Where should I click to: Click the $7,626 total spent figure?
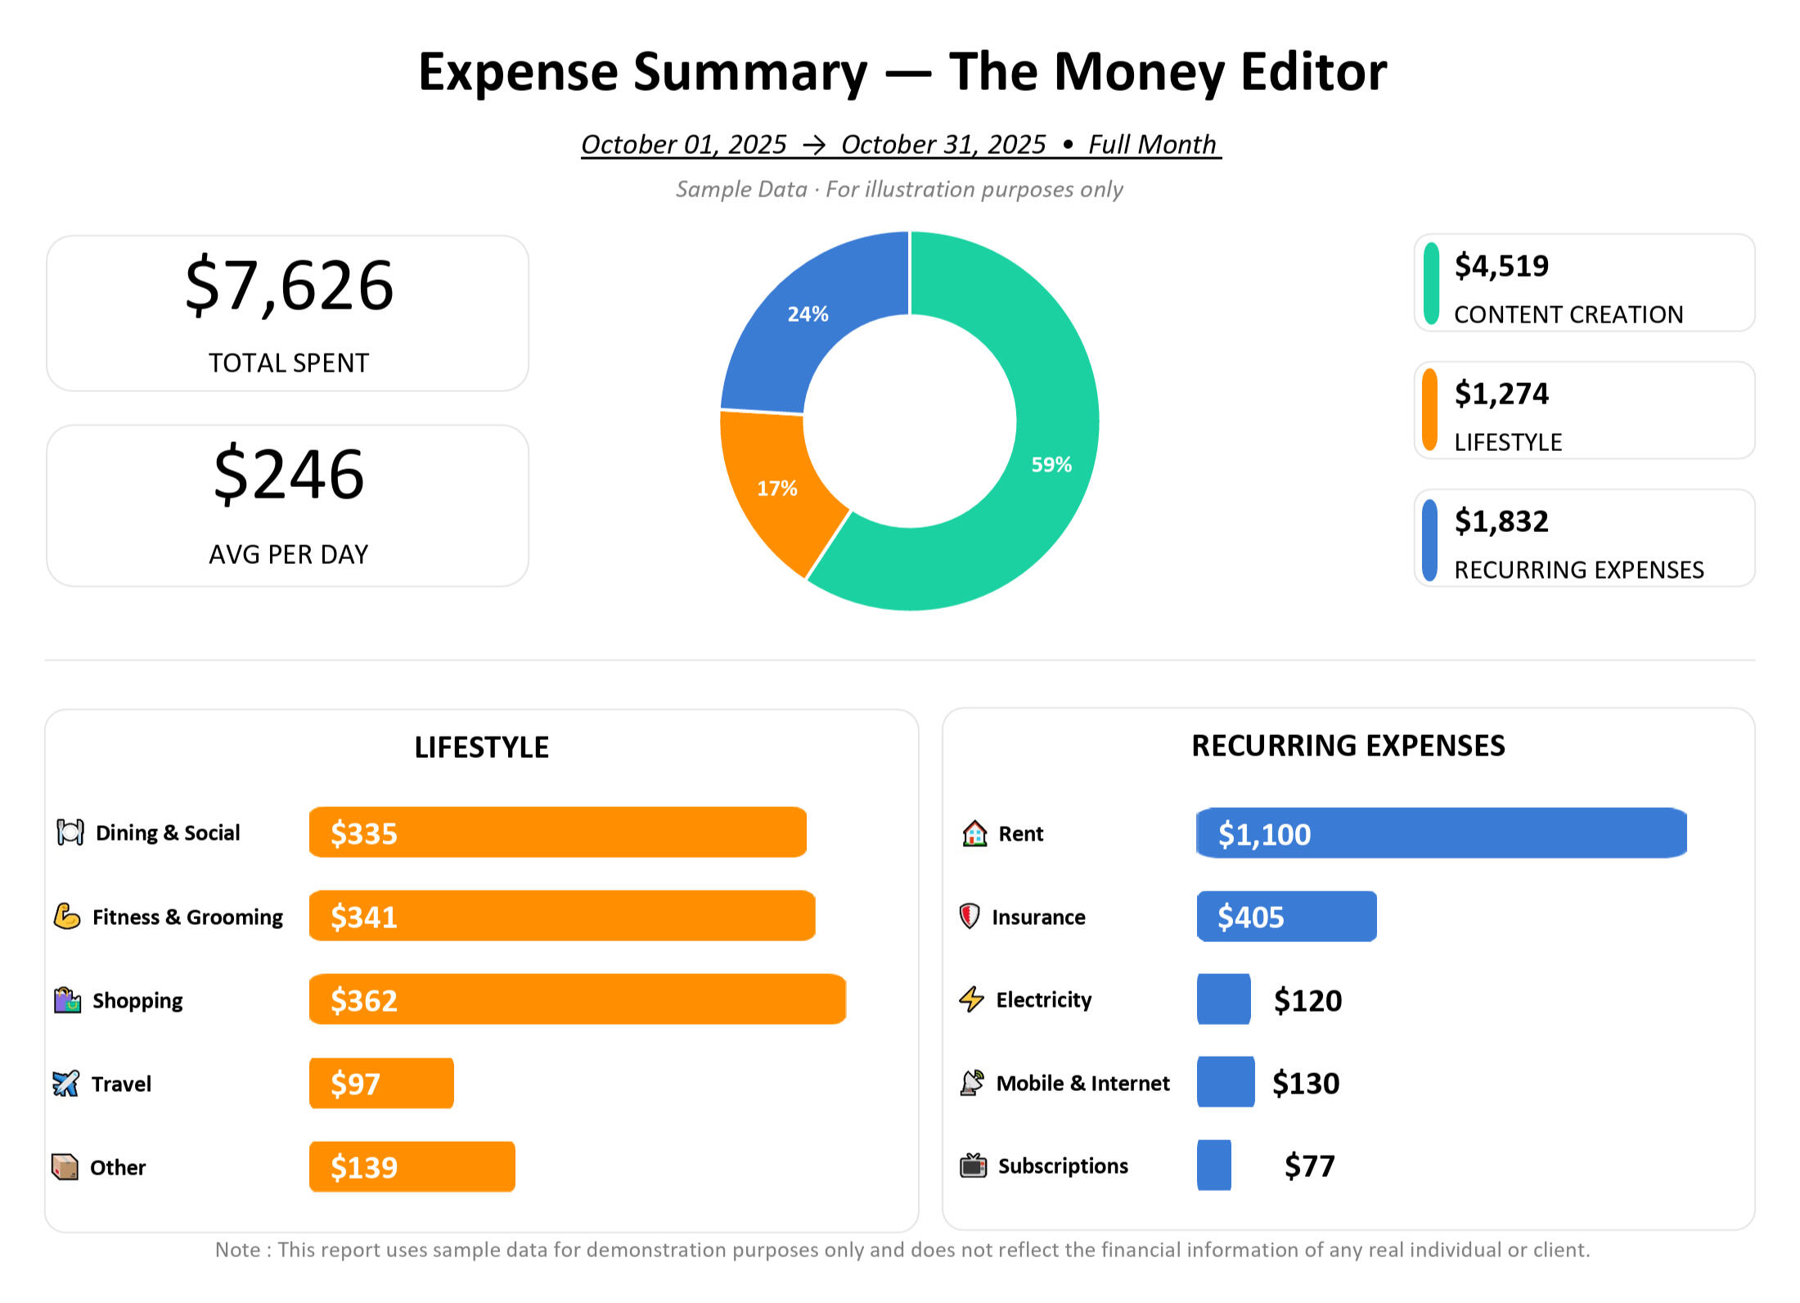[289, 286]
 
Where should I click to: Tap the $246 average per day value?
[289, 475]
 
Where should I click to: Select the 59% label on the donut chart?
[1051, 465]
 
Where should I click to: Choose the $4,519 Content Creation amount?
[1501, 266]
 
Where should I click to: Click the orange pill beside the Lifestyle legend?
[1429, 410]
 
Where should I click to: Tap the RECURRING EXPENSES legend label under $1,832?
[1578, 570]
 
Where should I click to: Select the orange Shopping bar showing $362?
[577, 999]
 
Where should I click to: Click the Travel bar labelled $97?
[381, 1084]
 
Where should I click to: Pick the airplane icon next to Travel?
[65, 1084]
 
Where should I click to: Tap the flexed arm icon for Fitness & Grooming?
[67, 917]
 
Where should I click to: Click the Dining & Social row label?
[168, 833]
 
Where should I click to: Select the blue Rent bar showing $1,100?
[1441, 833]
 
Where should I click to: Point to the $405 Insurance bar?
[1286, 917]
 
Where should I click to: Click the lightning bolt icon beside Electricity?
[971, 999]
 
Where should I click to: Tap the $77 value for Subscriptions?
[1309, 1166]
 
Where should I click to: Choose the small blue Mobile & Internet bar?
[1225, 1082]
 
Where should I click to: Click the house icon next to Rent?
[974, 833]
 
